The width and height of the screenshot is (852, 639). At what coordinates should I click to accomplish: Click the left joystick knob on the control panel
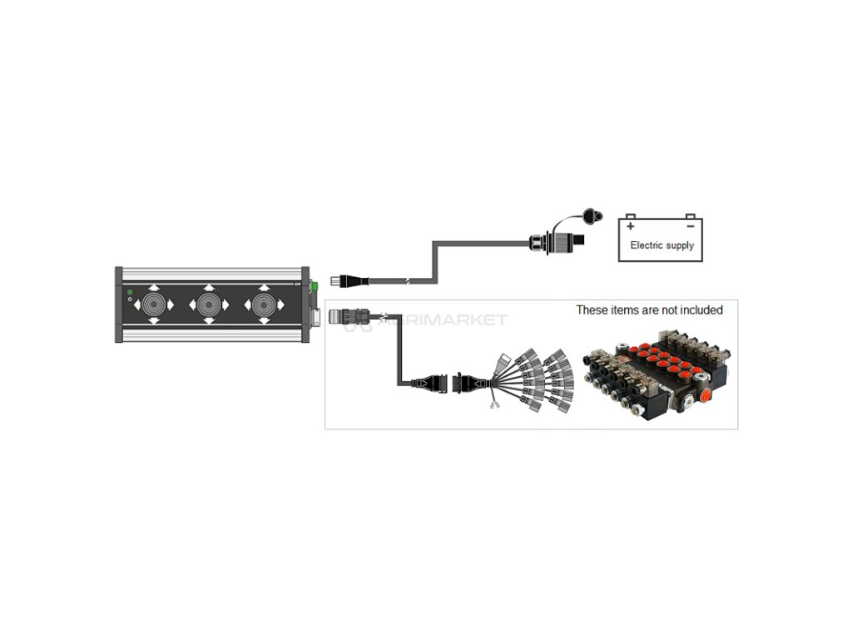154,305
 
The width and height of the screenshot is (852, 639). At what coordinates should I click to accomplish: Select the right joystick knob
265,305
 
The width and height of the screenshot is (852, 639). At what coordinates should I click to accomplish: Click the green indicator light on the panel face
129,292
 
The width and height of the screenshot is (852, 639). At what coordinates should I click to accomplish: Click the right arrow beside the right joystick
285,305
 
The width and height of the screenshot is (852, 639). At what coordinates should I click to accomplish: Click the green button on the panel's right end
314,287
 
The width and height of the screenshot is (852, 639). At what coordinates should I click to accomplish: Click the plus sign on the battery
631,225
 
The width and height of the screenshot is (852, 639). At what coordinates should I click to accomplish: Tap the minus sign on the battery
690,225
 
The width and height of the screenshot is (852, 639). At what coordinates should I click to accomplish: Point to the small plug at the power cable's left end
339,280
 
